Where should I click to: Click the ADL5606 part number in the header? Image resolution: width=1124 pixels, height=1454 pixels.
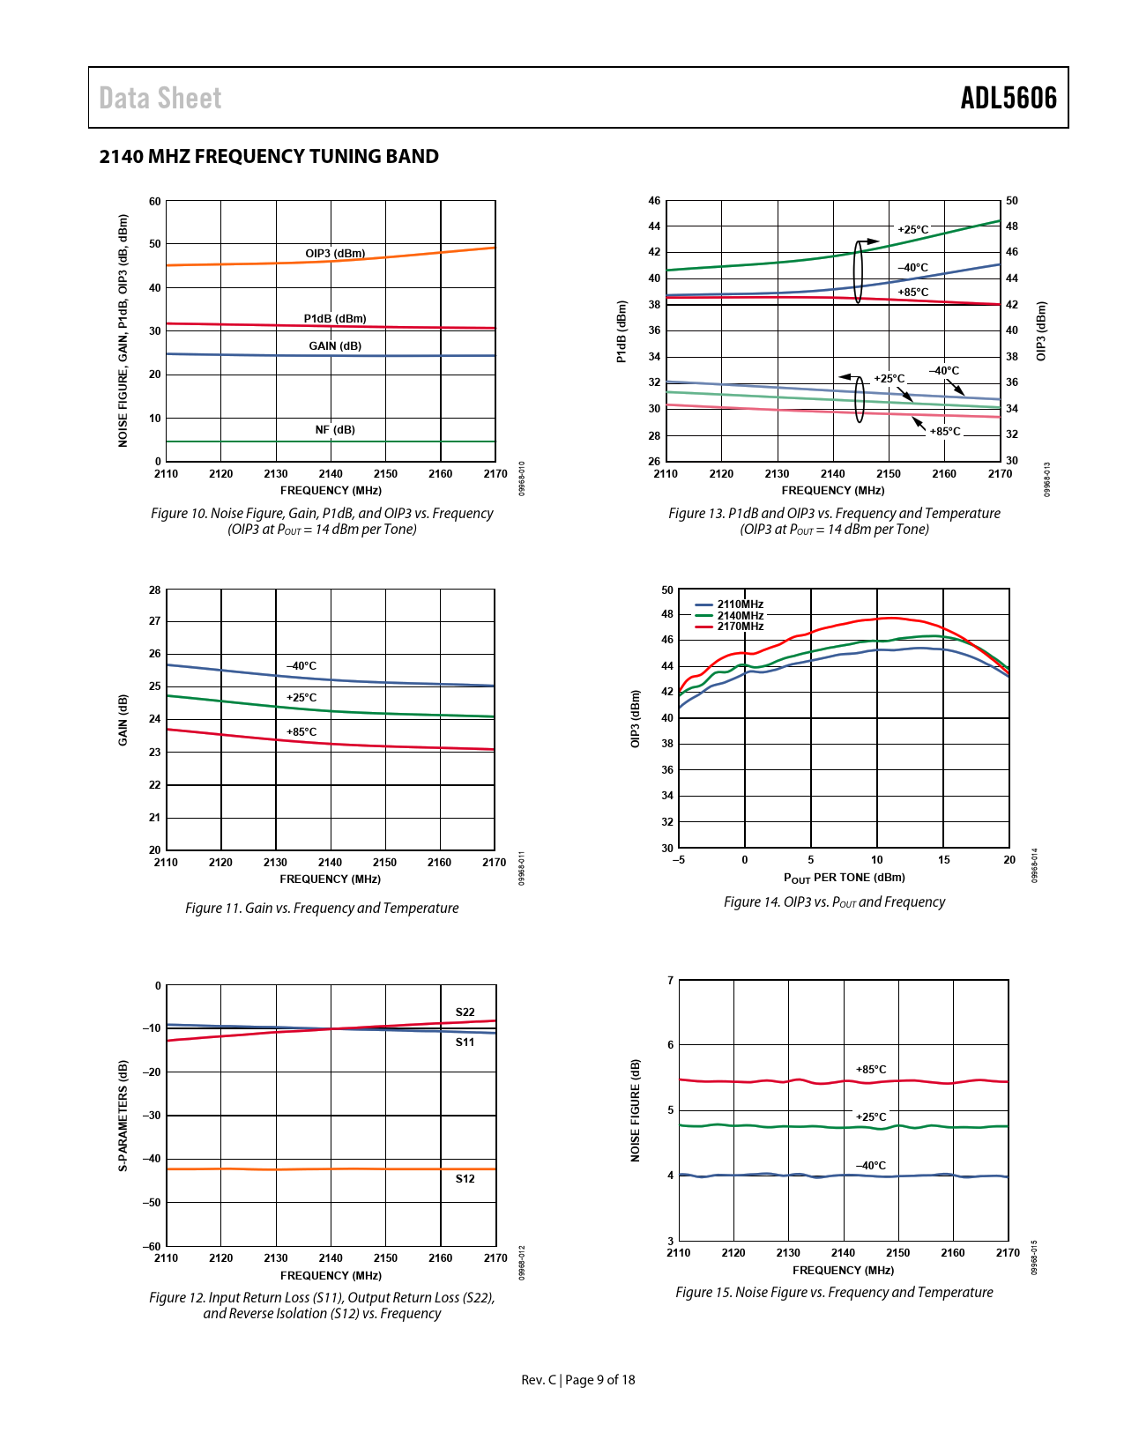point(1008,98)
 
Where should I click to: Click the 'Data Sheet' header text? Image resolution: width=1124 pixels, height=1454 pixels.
point(160,98)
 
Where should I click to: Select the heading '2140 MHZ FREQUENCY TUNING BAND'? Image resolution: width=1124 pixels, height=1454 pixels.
point(269,157)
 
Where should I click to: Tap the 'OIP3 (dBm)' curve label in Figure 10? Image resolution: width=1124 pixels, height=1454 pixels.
point(335,254)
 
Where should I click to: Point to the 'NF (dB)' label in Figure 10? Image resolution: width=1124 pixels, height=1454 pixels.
point(335,430)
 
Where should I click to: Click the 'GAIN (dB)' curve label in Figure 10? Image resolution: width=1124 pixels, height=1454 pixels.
point(335,346)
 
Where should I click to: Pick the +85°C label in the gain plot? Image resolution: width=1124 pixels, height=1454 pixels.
point(301,732)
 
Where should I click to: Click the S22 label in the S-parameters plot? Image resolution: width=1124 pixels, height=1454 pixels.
point(465,1013)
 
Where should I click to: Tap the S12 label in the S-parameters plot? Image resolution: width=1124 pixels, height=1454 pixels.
point(465,1179)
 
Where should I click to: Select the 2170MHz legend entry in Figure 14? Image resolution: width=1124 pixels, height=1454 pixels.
point(740,627)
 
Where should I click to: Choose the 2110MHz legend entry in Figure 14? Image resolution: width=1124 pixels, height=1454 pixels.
point(740,605)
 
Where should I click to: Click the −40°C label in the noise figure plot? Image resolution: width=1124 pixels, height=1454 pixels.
point(871,1166)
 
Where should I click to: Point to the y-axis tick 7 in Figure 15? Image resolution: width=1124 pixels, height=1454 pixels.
point(671,981)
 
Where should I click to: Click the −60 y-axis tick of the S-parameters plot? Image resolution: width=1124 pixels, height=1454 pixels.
point(153,1246)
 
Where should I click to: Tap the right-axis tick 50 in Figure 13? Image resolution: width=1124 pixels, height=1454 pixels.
point(1012,201)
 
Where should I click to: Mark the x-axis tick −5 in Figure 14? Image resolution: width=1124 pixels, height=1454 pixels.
point(678,860)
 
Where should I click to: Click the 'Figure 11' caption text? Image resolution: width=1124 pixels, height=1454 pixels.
point(322,909)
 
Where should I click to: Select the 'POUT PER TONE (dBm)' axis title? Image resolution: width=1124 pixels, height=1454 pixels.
point(844,878)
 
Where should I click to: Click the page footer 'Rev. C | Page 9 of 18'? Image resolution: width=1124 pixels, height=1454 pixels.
point(578,1380)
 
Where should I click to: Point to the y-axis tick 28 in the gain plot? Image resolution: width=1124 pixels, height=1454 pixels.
point(155,590)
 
